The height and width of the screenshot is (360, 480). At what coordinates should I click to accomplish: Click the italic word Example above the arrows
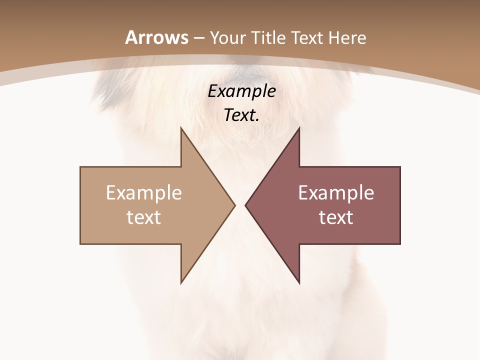(242, 91)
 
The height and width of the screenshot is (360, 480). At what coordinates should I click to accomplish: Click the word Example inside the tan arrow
(144, 193)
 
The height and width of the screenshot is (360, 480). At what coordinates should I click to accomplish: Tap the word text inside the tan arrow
(144, 217)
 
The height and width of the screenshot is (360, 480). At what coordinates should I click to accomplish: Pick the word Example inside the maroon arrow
(336, 193)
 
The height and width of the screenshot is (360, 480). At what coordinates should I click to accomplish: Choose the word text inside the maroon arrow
(336, 217)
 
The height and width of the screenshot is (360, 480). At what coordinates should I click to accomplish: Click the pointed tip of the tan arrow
(233, 205)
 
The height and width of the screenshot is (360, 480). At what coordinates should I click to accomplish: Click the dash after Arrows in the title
(199, 38)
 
